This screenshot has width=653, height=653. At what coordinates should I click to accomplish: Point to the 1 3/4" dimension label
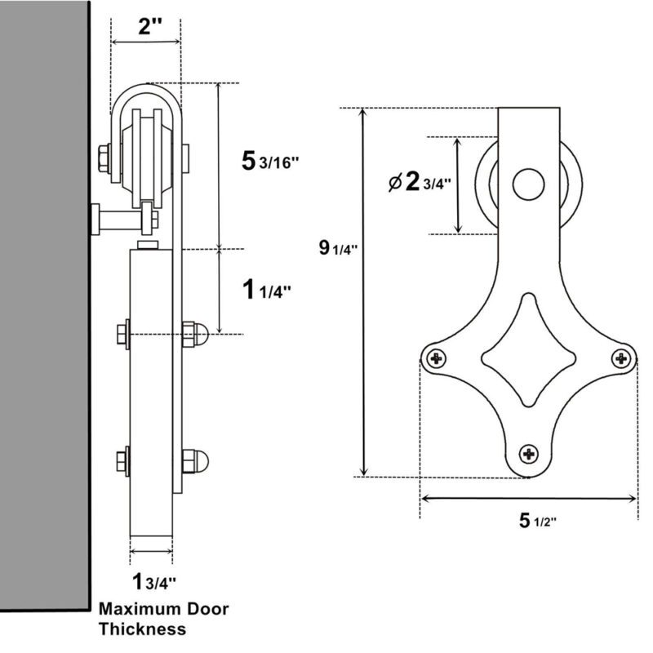point(154,582)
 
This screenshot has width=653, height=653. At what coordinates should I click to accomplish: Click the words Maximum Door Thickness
point(163,619)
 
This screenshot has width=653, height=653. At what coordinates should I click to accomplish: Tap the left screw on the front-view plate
point(438,357)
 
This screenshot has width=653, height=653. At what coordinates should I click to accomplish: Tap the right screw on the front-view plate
point(622,357)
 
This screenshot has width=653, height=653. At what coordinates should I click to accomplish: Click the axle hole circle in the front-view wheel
point(529,184)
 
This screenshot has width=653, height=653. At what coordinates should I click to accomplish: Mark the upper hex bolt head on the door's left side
point(123,333)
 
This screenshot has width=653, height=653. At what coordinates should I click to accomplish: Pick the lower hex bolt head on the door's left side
point(123,461)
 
